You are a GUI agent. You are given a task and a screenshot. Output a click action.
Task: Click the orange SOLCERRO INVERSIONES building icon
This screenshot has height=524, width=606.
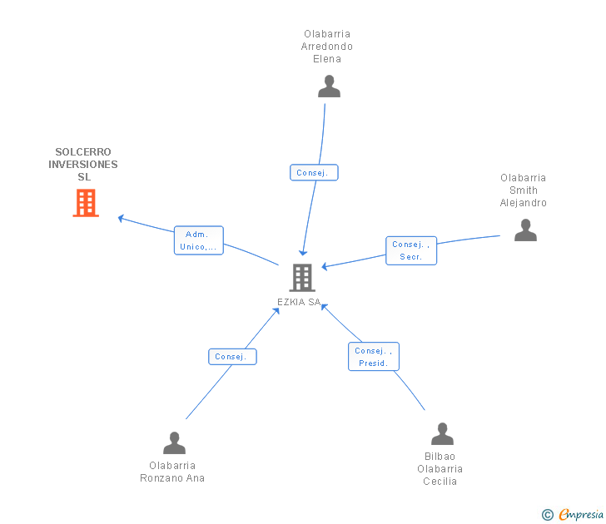(86, 203)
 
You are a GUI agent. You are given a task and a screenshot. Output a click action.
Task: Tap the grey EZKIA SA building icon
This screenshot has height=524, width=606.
(302, 277)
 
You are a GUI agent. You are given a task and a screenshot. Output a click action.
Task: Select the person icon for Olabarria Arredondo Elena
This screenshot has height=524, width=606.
(329, 87)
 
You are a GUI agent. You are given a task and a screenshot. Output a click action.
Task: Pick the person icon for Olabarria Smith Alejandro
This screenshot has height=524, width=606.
(525, 230)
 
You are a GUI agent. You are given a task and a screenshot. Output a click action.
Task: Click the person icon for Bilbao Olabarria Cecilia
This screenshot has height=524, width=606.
(442, 434)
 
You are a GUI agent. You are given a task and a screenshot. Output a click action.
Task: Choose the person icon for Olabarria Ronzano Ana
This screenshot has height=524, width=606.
(174, 442)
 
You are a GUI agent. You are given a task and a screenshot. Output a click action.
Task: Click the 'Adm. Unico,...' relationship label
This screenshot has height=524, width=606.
(199, 240)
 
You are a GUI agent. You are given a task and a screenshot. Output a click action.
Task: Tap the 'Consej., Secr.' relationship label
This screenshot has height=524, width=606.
(411, 250)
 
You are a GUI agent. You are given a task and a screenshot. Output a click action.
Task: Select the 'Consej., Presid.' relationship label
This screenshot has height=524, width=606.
(373, 357)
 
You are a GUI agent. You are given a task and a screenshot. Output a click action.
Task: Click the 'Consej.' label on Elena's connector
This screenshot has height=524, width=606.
(314, 173)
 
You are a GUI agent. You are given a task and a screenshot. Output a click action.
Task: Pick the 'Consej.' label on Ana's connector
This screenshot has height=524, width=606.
(232, 357)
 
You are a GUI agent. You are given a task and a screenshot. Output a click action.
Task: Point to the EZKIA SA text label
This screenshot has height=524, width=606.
(299, 302)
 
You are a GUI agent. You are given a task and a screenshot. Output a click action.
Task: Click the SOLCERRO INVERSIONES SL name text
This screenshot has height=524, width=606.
(83, 165)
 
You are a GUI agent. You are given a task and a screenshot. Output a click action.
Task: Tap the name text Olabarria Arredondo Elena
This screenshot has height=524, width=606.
(327, 47)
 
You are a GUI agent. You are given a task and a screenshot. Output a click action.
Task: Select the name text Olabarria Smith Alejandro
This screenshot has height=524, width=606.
(524, 190)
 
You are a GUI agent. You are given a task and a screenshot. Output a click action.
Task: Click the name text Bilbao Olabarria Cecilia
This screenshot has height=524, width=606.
(440, 469)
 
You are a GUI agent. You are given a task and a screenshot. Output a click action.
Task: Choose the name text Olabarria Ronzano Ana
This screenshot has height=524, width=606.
(172, 472)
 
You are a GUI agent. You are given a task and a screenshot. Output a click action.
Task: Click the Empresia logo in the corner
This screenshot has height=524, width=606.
(581, 515)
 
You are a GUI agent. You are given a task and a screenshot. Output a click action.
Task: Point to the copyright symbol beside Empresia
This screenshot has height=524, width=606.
(548, 516)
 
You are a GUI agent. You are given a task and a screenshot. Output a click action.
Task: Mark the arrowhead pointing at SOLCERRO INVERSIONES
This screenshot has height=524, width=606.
(122, 219)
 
